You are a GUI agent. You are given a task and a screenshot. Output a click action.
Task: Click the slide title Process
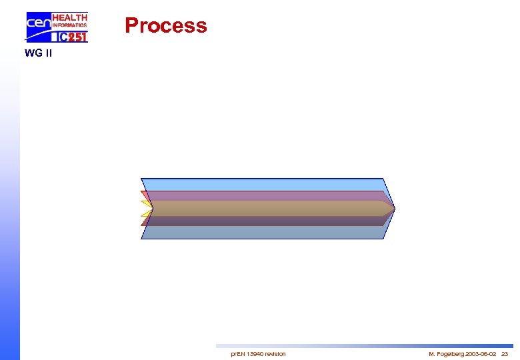coord(166,25)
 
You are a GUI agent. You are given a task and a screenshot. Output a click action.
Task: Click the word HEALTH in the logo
coord(69,17)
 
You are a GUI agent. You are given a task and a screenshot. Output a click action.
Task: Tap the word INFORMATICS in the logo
coord(69,25)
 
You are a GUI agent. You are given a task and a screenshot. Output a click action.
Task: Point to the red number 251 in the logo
coord(77,37)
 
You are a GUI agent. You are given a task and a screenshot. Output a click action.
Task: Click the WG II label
coord(37,53)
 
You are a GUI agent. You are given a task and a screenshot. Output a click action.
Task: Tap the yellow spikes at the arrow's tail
coord(146,208)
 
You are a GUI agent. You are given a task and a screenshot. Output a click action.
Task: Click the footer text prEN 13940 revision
coord(258,353)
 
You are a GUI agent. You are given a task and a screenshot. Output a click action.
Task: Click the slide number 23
coord(505,353)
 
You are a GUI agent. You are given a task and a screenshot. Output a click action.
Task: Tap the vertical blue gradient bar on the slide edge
coord(9,200)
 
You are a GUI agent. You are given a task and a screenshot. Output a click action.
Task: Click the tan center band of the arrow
coord(267,209)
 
